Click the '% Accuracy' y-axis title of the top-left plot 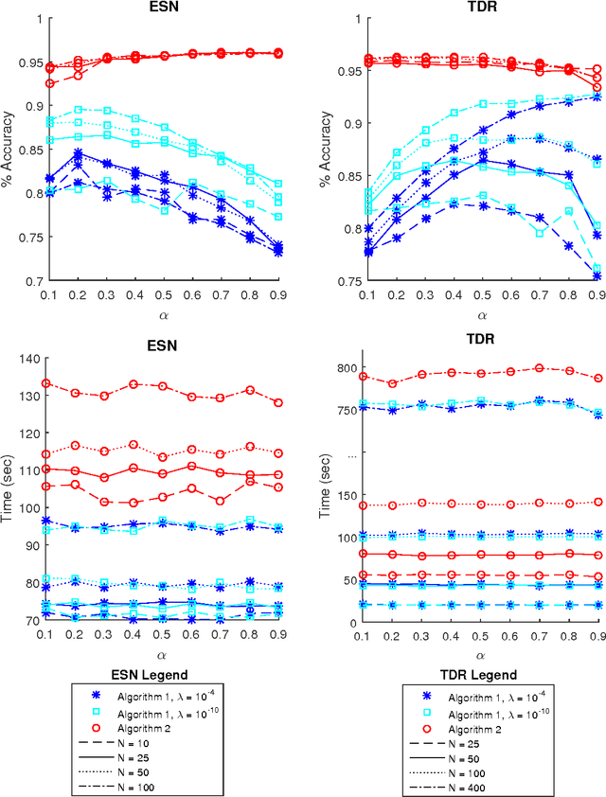[x=12, y=150]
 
